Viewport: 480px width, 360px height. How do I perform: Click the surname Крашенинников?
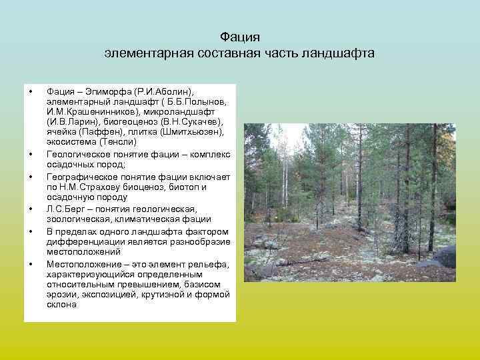pos(92,111)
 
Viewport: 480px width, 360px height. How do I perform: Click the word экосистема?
pos(71,142)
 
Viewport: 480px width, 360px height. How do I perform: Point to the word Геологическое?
pos(79,154)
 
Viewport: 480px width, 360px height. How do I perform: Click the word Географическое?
pos(82,177)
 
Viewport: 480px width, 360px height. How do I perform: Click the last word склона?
pos(62,304)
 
